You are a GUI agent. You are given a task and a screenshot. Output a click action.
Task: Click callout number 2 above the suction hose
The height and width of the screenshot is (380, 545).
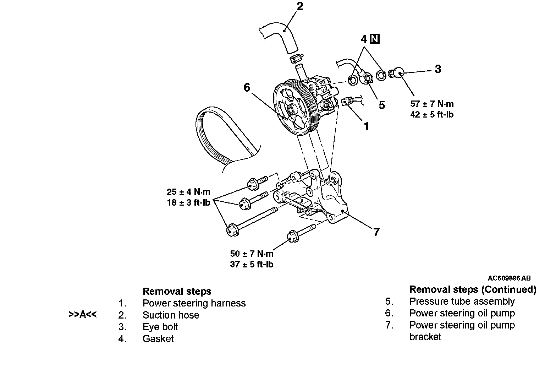pos(300,7)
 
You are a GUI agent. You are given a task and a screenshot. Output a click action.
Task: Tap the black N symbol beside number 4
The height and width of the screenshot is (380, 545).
pos(374,39)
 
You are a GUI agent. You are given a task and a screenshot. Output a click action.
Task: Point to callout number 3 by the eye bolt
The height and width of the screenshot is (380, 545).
pos(438,69)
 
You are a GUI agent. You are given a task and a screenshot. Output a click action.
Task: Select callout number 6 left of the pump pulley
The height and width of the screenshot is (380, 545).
pos(247,88)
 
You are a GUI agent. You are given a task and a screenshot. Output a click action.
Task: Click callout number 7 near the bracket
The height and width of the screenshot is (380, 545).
pos(376,232)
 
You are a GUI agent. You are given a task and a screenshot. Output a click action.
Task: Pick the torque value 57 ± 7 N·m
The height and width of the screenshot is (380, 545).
pos(432,104)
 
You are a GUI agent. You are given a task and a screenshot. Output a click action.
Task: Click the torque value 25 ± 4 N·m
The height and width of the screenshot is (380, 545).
pos(188,192)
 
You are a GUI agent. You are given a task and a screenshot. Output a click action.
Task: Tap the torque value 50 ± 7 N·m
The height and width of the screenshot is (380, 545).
pos(252,254)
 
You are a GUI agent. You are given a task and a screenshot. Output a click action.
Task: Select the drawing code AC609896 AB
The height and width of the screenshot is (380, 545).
pos(509,278)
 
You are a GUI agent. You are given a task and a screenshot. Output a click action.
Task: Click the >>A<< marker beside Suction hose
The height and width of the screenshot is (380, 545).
pos(82,315)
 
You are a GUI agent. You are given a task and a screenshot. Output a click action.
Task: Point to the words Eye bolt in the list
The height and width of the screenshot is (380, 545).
pos(160,327)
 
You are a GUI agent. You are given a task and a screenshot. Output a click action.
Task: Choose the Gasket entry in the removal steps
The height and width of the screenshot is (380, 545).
pos(158,339)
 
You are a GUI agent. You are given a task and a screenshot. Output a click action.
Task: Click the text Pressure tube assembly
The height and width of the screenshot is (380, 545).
pos(462,302)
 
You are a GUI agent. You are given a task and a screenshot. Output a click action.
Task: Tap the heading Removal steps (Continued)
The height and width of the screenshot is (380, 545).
pos(473,290)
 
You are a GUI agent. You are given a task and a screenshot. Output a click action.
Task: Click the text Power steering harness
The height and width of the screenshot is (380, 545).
pos(194,303)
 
